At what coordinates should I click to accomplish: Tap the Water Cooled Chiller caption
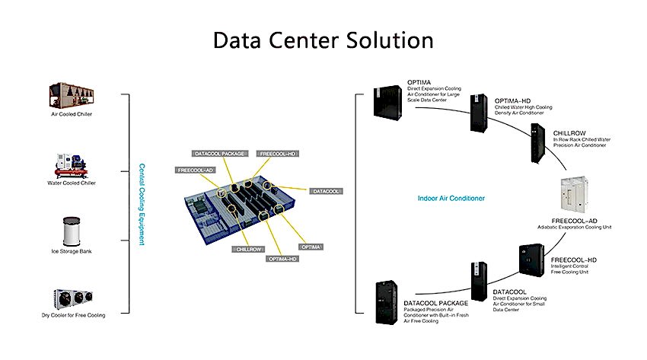(x=73, y=183)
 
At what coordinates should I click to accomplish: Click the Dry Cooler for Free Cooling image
(x=73, y=298)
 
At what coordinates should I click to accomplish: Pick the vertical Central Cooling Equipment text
(x=142, y=204)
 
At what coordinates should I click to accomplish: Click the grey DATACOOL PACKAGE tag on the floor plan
(x=219, y=154)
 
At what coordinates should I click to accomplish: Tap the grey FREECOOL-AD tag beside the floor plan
(x=195, y=170)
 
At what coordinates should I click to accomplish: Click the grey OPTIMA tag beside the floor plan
(x=310, y=247)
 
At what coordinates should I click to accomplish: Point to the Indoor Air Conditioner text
(x=451, y=199)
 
